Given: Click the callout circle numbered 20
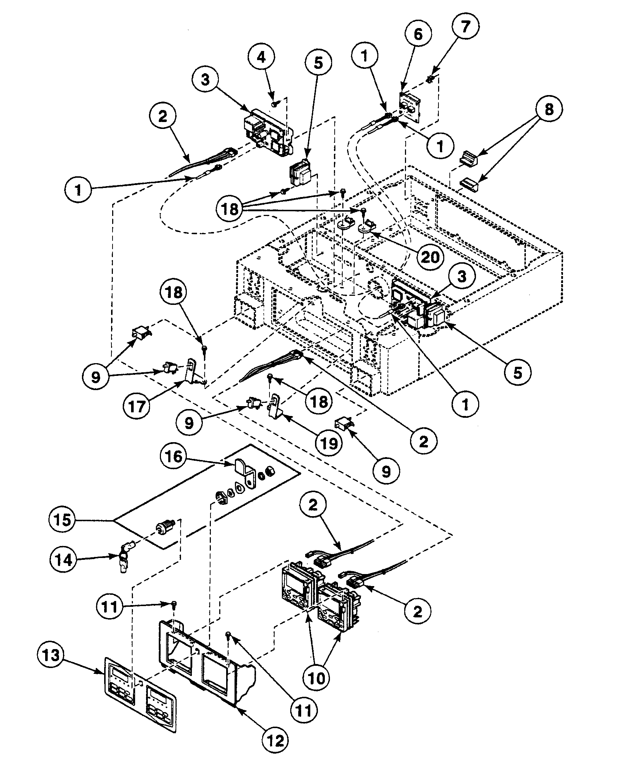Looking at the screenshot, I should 428,257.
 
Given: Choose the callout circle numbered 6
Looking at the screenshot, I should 418,35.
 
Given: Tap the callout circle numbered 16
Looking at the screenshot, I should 174,456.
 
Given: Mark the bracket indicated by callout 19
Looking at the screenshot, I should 274,404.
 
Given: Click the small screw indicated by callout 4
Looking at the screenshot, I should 274,104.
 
